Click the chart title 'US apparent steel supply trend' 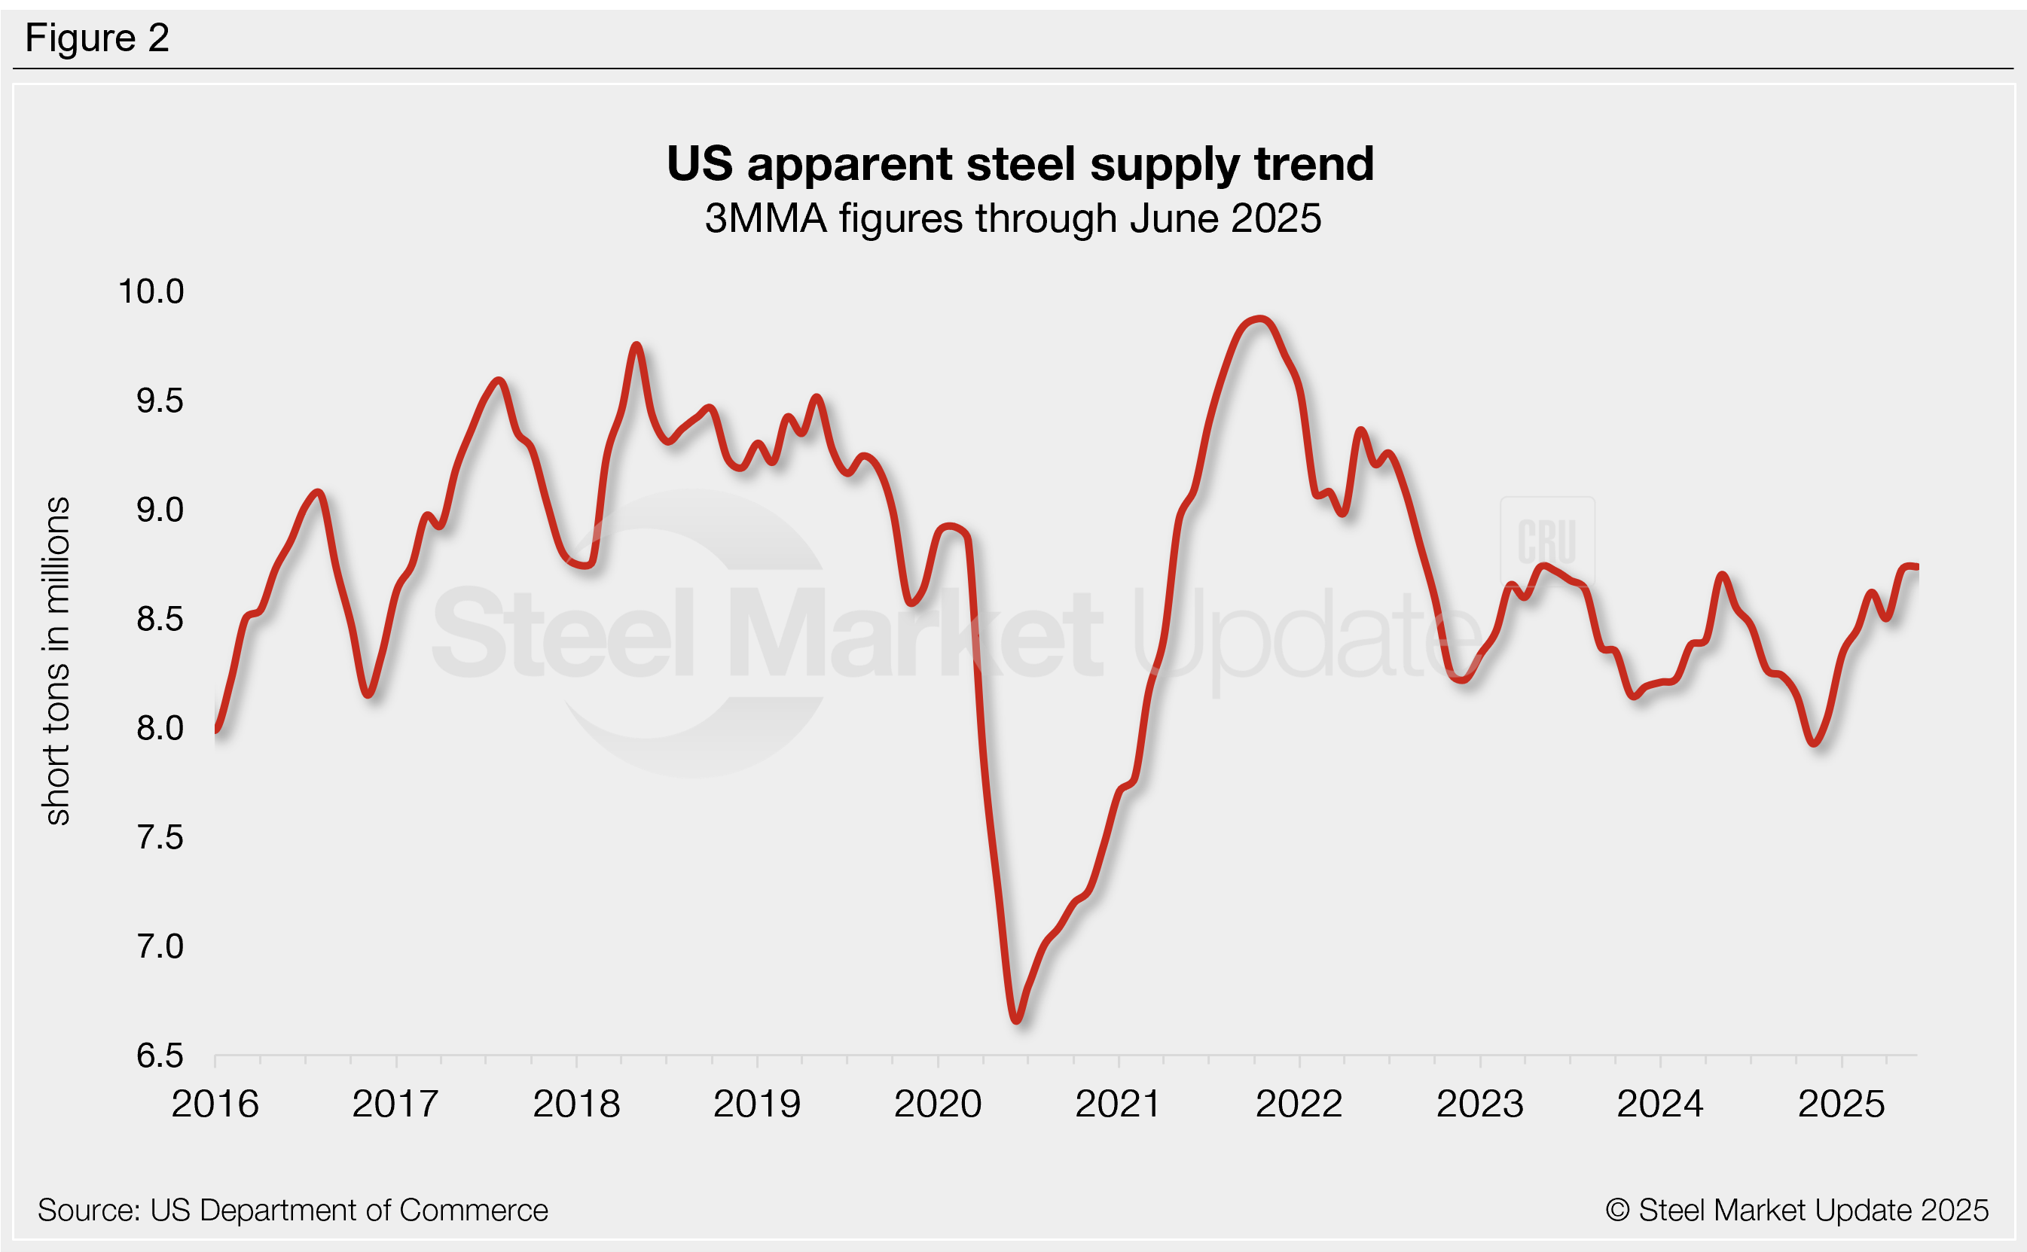pyautogui.click(x=1020, y=164)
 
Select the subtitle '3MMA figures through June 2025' pyautogui.click(x=1012, y=218)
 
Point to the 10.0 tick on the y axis pyautogui.click(x=151, y=291)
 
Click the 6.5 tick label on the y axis pyautogui.click(x=159, y=1056)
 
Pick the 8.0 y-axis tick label pyautogui.click(x=159, y=728)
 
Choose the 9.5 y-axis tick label pyautogui.click(x=159, y=401)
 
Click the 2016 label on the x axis pyautogui.click(x=215, y=1104)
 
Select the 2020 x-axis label pyautogui.click(x=937, y=1104)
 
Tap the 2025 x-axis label pyautogui.click(x=1841, y=1104)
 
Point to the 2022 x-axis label pyautogui.click(x=1299, y=1104)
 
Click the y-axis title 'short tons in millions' pyautogui.click(x=56, y=661)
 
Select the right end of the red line pyautogui.click(x=1916, y=567)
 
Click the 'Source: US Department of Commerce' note pyautogui.click(x=292, y=1211)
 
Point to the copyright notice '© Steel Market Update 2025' pyautogui.click(x=1797, y=1211)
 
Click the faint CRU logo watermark pyautogui.click(x=1546, y=541)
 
